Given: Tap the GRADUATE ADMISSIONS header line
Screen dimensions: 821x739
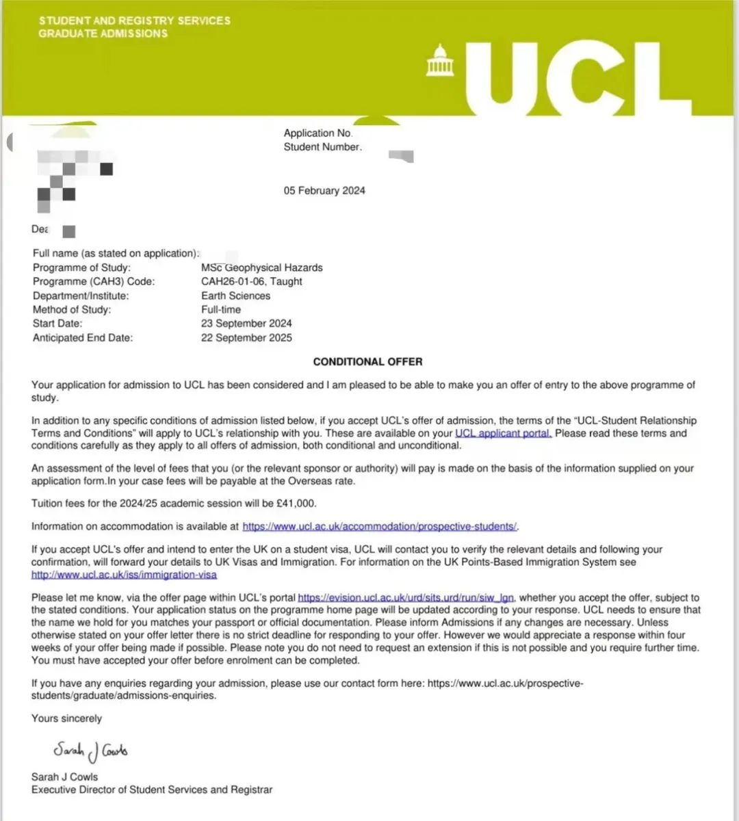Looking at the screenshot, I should [x=103, y=34].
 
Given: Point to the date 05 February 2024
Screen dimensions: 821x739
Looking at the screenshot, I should [x=324, y=191].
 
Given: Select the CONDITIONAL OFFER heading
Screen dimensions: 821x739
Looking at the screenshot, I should [x=367, y=361].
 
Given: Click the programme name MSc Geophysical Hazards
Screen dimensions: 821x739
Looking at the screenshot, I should [x=261, y=268].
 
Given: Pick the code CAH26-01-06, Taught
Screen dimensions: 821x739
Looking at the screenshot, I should [x=251, y=281].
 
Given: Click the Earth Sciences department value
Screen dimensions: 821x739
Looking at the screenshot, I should [x=235, y=296].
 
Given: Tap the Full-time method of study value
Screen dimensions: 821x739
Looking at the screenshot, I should [x=221, y=309].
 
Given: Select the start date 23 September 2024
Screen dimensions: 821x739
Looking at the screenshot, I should [x=246, y=323].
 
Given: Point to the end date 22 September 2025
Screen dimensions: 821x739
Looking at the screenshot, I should [x=246, y=337].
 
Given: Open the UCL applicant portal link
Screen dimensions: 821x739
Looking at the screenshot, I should [x=503, y=433].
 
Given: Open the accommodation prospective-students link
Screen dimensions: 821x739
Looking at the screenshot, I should [x=380, y=526].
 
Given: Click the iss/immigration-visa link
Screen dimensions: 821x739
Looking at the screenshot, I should [x=124, y=575].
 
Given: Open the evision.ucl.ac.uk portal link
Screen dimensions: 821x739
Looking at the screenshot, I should [x=406, y=597].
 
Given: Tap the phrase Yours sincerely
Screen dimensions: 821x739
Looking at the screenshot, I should [x=66, y=718].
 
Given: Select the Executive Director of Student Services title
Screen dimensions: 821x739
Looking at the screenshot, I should [x=151, y=790].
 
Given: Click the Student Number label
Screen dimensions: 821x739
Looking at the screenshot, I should [x=322, y=147].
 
